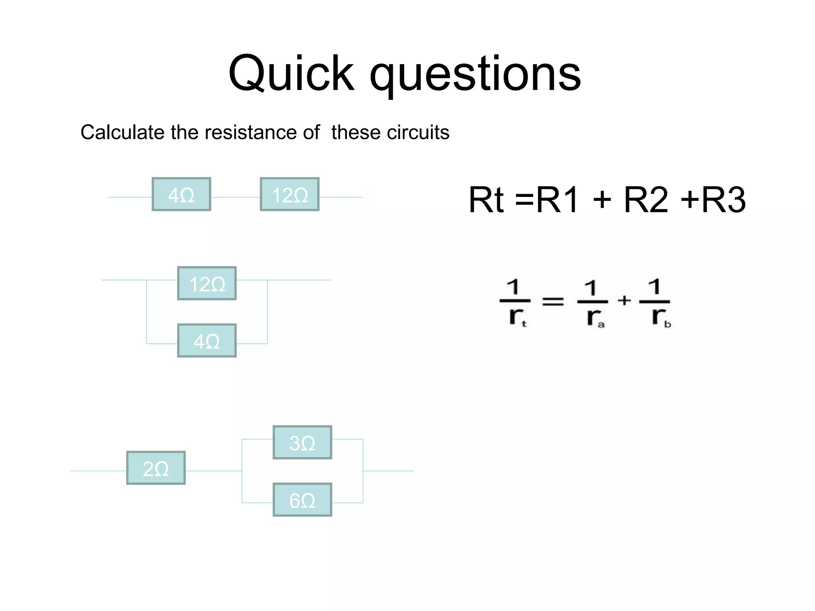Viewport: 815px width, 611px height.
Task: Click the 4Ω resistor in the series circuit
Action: [x=181, y=195]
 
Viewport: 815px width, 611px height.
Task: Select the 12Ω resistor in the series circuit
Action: [x=290, y=195]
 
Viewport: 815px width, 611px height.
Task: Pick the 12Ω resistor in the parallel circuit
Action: [x=207, y=284]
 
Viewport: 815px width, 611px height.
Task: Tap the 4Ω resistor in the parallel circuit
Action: [x=207, y=341]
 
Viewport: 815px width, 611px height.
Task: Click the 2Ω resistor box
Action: [x=156, y=468]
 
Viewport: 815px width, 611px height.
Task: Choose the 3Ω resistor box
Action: [x=302, y=443]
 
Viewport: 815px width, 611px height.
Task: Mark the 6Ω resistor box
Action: [x=302, y=500]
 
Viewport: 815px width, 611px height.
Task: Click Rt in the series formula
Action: [x=486, y=200]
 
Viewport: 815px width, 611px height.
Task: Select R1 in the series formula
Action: [x=557, y=200]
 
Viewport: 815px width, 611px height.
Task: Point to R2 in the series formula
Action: [x=645, y=200]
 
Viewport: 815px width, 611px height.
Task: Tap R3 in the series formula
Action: [x=723, y=200]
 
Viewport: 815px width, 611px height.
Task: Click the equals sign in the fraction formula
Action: [x=553, y=301]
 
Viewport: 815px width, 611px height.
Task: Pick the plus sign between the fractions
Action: [x=624, y=300]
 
